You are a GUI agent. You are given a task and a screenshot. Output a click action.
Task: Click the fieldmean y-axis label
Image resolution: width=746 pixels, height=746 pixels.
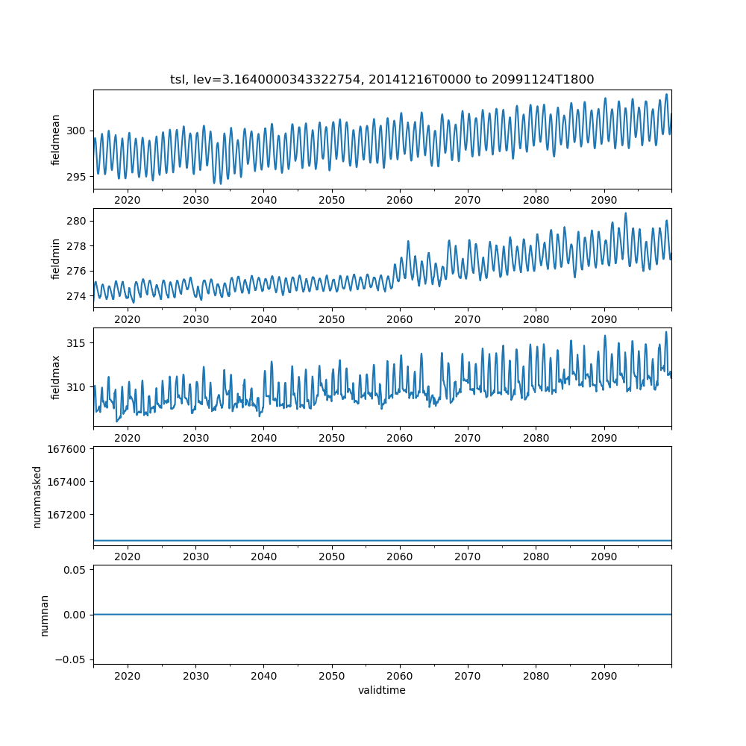(x=56, y=140)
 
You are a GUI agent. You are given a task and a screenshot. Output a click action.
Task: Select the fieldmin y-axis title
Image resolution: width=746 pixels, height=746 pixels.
(x=56, y=258)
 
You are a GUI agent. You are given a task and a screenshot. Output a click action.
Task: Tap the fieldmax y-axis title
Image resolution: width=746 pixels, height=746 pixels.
(x=56, y=377)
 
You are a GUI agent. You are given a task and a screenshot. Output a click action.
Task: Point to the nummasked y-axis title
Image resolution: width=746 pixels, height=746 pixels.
(x=37, y=497)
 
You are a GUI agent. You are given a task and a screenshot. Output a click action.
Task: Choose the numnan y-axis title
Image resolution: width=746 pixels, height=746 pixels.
(x=45, y=615)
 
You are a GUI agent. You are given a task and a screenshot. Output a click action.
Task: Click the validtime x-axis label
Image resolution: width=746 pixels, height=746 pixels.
(x=382, y=691)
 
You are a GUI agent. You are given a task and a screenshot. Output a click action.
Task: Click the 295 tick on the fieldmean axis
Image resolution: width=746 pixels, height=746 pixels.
(x=77, y=177)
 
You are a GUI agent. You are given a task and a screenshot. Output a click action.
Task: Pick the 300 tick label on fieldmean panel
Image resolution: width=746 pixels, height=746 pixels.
(x=77, y=131)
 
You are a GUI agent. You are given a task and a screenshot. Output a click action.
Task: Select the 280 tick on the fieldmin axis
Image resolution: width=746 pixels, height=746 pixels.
(x=77, y=222)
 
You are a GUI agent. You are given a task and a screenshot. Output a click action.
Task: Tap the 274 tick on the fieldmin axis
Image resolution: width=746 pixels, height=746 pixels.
(x=77, y=296)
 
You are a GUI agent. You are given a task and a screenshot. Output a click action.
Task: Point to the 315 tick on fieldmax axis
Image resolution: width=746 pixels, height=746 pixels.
(x=77, y=343)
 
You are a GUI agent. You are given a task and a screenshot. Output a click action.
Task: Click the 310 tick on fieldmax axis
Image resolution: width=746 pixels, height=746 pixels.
(x=77, y=387)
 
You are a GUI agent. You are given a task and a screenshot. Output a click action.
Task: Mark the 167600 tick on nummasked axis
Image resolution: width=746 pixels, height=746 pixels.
(x=69, y=449)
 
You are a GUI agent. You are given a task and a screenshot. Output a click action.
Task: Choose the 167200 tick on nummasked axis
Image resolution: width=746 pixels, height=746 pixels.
(x=69, y=515)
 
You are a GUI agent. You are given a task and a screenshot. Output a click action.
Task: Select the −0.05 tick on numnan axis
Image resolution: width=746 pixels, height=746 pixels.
(x=72, y=659)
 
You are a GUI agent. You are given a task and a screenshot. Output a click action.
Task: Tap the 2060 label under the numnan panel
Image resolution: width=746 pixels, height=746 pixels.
(x=400, y=676)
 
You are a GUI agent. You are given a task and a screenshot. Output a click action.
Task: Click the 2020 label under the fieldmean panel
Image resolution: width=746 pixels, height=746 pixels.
(x=128, y=201)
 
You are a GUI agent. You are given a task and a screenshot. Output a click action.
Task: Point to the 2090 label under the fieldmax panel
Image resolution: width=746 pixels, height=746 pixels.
(x=604, y=439)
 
